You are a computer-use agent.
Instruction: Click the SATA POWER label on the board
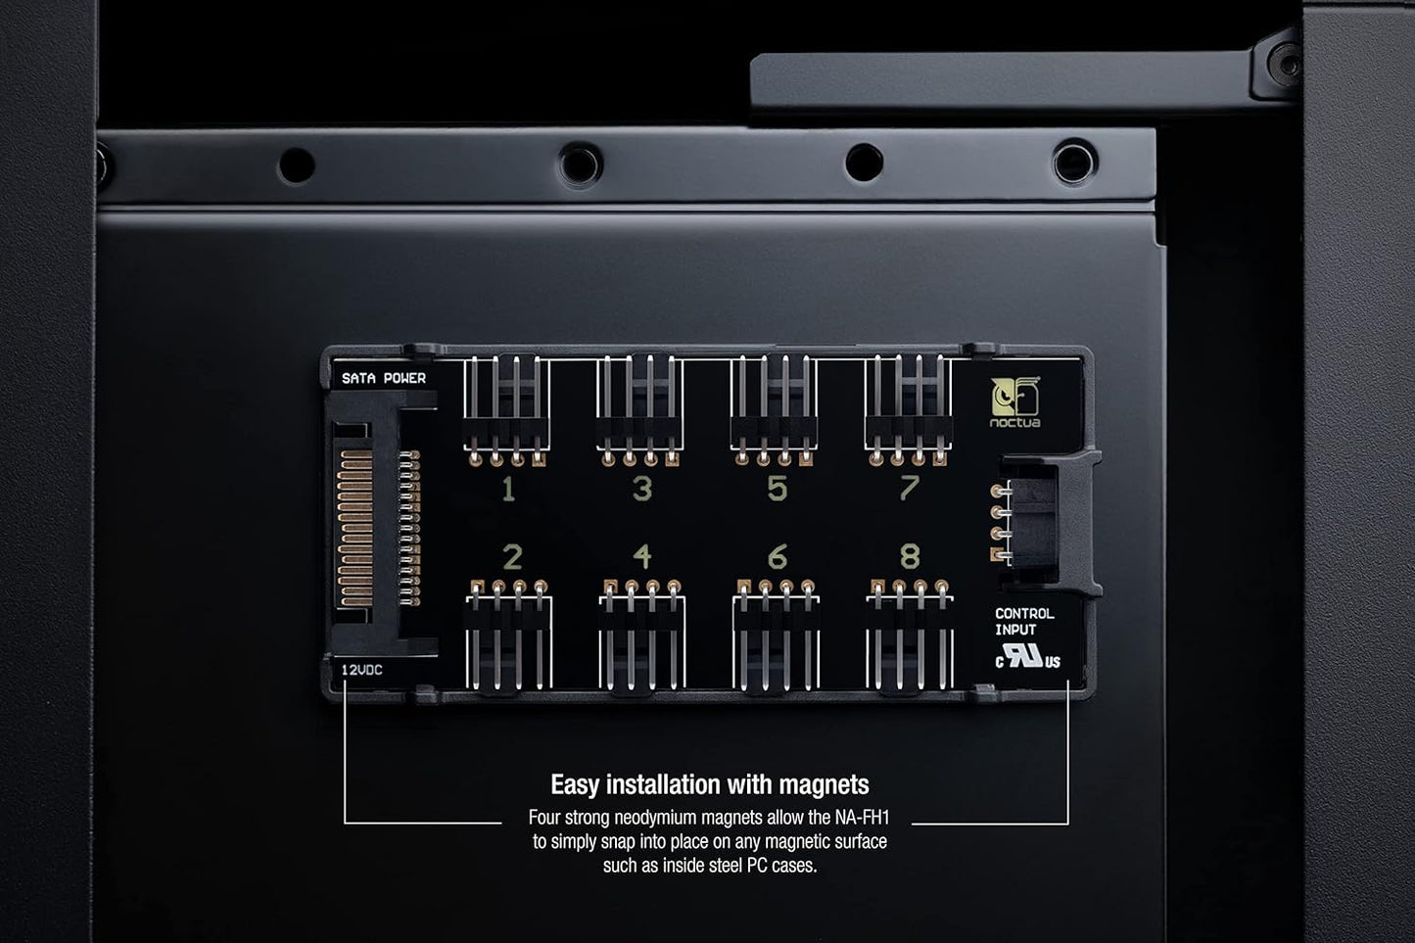[x=384, y=378]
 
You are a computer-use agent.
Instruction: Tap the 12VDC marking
[x=362, y=670]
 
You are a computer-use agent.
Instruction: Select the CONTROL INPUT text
[x=1024, y=622]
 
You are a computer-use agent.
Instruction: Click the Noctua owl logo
[x=1015, y=401]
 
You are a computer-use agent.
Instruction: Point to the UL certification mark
[x=1028, y=657]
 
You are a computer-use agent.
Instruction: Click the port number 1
[x=508, y=489]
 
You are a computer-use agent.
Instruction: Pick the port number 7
[x=910, y=487]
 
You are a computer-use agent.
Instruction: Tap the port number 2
[x=512, y=557]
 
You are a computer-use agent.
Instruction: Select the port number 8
[x=910, y=556]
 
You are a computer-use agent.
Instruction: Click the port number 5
[x=777, y=489]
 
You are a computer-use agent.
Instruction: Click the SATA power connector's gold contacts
[x=355, y=528]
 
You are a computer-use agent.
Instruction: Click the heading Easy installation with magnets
[x=709, y=784]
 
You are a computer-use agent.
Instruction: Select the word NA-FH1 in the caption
[x=862, y=818]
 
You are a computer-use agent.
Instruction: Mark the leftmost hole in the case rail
[x=297, y=165]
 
